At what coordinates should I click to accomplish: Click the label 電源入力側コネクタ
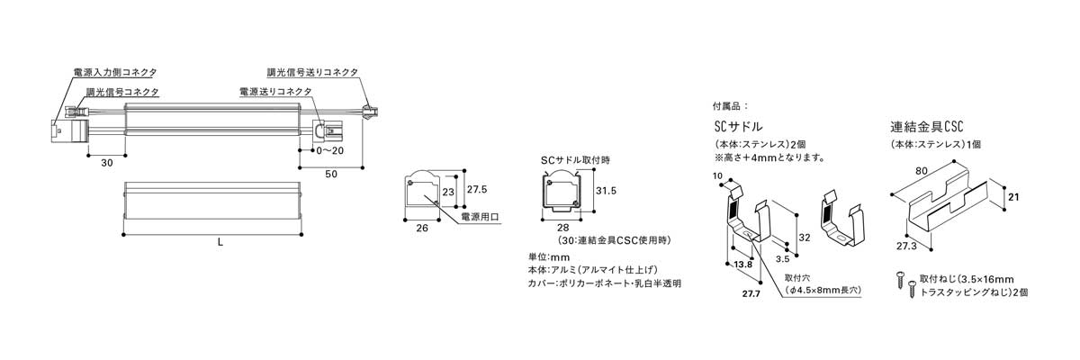click(113, 71)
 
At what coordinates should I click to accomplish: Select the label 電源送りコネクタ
click(275, 92)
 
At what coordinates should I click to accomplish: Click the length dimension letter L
click(221, 242)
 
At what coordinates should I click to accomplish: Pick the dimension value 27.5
click(477, 190)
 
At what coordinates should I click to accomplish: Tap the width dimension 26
click(422, 229)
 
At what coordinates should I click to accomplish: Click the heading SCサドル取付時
click(575, 159)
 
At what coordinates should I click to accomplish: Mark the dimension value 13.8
click(742, 265)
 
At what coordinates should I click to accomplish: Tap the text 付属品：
click(729, 105)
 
